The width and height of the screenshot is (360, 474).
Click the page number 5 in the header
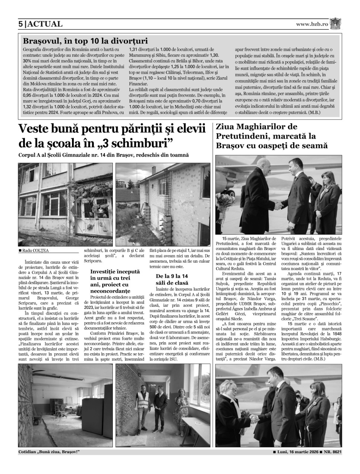[20, 24]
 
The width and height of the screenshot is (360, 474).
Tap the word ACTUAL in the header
[45, 24]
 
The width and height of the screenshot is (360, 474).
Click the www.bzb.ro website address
[312, 24]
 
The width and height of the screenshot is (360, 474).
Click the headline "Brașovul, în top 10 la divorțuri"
[85, 41]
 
